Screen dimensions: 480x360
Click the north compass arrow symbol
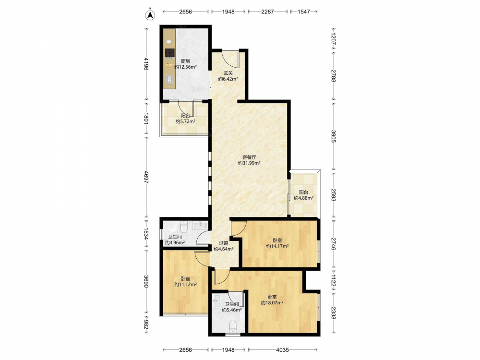150,15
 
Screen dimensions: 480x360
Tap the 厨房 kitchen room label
185,61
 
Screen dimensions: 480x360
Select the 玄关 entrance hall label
228,73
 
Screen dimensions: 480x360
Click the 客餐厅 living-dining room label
249,157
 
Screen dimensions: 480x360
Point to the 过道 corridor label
224,243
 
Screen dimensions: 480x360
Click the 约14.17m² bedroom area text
277,246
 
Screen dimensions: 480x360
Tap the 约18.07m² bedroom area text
272,303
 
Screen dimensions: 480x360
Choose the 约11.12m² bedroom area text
185,284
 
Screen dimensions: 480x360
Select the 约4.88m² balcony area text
303,198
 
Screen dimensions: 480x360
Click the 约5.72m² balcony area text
185,121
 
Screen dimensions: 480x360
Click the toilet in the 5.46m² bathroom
233,326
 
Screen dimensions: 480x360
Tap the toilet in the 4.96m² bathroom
184,227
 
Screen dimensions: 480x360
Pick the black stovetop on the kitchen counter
169,53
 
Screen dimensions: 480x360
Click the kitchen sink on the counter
169,80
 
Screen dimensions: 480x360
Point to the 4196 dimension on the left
146,64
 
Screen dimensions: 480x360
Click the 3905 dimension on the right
334,136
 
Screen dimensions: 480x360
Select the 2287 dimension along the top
267,12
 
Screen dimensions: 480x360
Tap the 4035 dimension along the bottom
282,349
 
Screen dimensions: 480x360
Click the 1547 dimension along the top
304,12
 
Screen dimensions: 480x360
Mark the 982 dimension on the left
146,325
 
